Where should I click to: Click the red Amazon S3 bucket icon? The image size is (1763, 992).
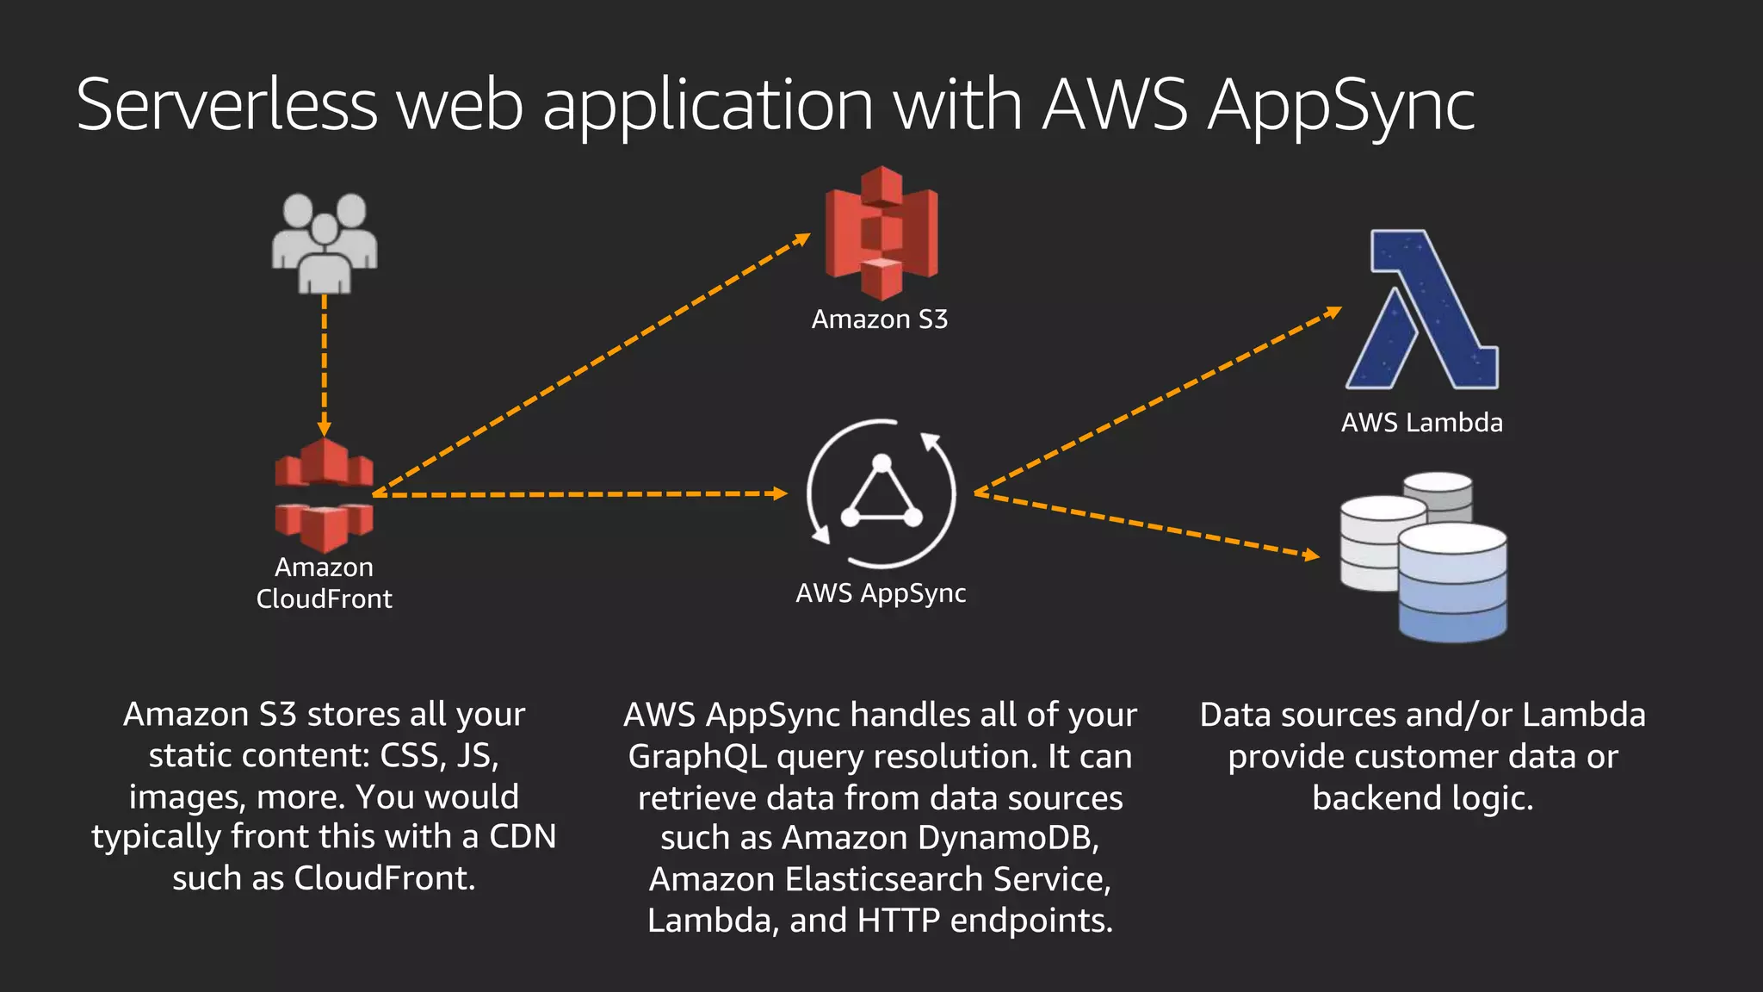point(881,232)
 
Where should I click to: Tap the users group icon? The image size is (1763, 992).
point(325,243)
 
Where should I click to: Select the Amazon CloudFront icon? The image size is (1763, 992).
point(324,495)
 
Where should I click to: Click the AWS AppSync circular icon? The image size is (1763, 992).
point(881,493)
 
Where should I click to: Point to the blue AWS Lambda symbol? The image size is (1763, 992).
point(1422,310)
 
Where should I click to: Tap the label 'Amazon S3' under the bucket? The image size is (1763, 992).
point(879,319)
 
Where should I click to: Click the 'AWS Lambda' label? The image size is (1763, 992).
point(1421,423)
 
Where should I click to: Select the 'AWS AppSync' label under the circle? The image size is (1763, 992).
point(881,593)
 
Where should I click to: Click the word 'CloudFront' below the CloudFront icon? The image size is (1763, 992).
point(324,599)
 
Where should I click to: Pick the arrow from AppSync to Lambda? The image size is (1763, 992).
point(1158,401)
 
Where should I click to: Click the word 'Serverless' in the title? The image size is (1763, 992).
point(226,105)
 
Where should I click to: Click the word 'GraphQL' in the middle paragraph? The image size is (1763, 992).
point(697,757)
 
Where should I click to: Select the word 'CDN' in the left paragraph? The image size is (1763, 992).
point(523,837)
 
